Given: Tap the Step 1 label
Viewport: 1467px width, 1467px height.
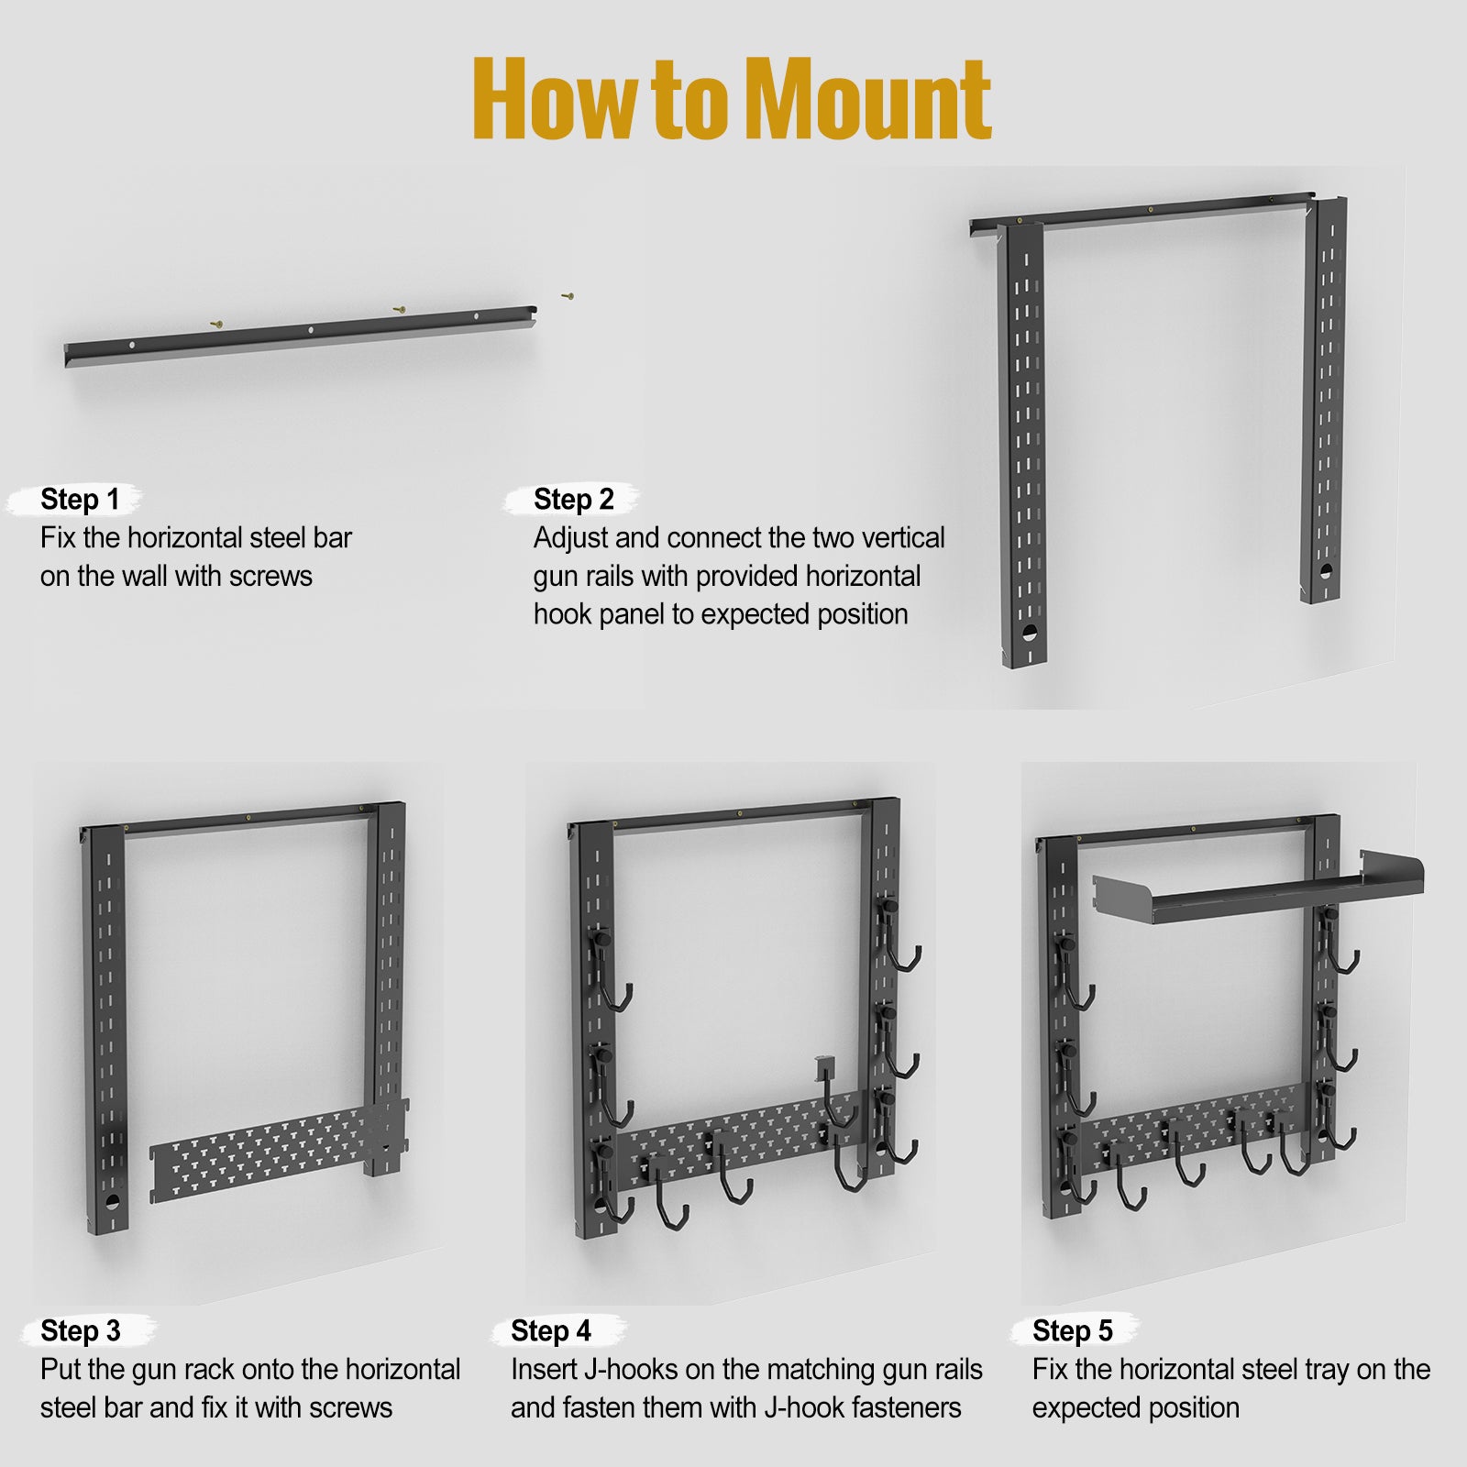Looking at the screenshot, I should pos(80,500).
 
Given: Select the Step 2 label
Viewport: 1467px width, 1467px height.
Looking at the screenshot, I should pos(573,500).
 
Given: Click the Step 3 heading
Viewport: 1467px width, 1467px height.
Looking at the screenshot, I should pos(80,1330).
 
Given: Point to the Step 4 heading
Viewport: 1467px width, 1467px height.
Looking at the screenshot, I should pos(550,1330).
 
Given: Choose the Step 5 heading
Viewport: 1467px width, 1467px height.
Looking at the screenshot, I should pos(1072,1330).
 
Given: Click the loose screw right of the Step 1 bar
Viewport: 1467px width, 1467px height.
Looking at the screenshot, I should pos(568,296).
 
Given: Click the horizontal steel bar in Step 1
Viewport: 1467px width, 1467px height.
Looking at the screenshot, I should pos(303,336).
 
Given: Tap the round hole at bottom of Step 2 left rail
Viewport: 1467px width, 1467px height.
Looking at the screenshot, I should pos(1030,633).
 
